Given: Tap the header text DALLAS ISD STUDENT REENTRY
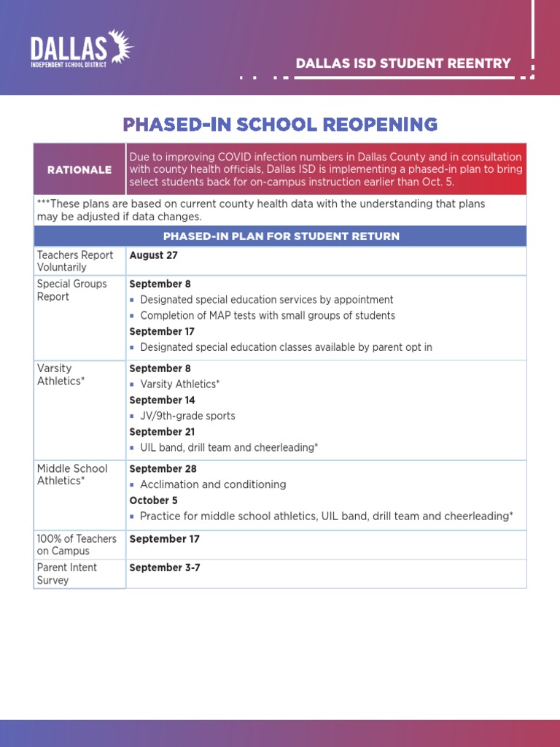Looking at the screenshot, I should click(403, 63).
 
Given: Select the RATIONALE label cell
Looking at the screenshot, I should click(79, 170).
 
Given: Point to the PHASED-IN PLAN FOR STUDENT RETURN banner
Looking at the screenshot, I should click(281, 236).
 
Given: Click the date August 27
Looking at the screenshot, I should click(153, 255).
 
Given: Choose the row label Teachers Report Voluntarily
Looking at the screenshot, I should click(74, 261).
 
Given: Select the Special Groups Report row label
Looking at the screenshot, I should click(71, 290).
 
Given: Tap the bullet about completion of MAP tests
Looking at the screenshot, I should click(267, 316).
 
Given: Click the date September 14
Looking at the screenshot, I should click(162, 400).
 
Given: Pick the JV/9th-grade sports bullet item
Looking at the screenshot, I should click(187, 416).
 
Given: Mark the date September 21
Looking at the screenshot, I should click(162, 432).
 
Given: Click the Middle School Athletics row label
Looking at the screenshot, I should click(71, 475).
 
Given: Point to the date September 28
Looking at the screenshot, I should click(163, 469).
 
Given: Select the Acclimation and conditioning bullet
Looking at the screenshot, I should click(213, 484).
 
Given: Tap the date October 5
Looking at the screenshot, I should click(153, 500).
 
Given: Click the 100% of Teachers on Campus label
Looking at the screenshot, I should click(77, 545).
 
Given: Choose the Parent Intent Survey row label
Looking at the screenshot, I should click(66, 574).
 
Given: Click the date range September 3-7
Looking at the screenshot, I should click(164, 568).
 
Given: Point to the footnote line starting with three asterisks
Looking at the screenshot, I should click(260, 210).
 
